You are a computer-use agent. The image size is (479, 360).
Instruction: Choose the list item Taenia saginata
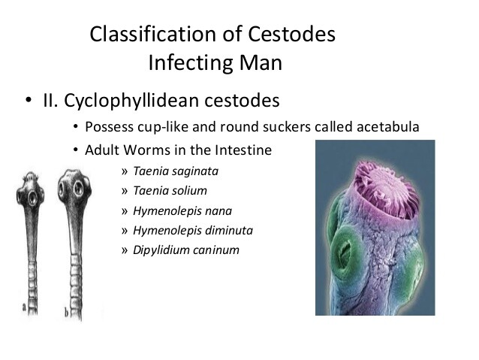click(176, 171)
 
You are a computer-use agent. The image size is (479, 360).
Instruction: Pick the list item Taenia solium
click(170, 190)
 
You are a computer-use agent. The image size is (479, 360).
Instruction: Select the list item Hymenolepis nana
click(182, 210)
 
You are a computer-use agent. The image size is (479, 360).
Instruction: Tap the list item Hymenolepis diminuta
click(192, 230)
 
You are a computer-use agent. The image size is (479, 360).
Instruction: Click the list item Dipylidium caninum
click(186, 250)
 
